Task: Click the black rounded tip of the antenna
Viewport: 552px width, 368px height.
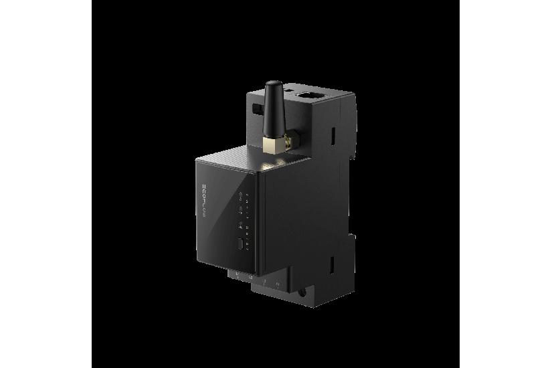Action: tap(273, 86)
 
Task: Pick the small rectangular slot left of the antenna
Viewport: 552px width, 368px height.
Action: tap(255, 108)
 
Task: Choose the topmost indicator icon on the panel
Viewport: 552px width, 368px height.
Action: tap(242, 195)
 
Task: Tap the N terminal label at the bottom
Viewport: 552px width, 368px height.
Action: tap(278, 283)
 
